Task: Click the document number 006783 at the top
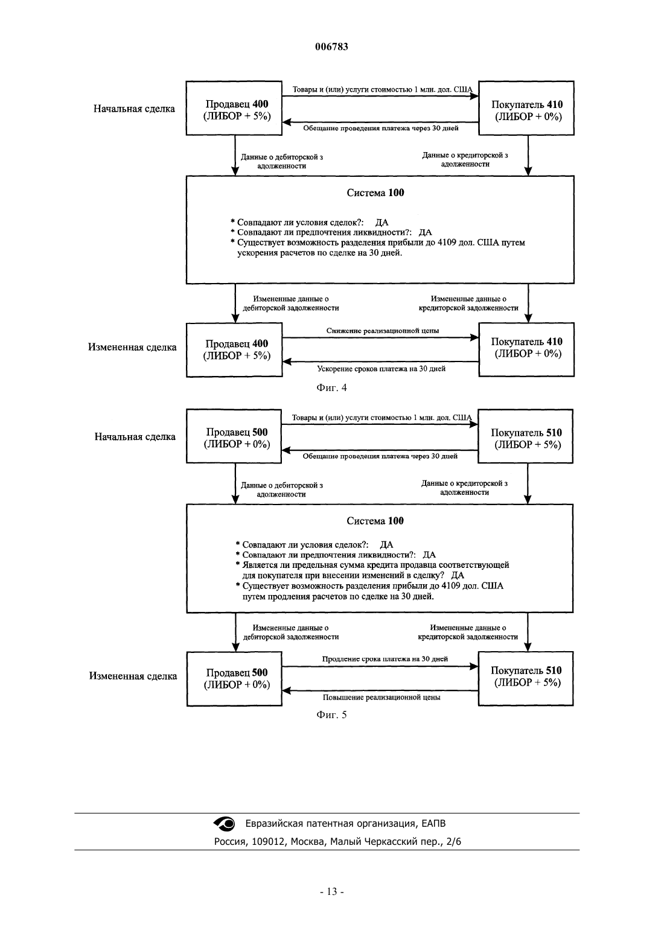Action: [x=331, y=46]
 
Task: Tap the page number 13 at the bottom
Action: [x=332, y=891]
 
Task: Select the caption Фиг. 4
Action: [x=331, y=387]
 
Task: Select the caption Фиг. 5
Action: [x=331, y=715]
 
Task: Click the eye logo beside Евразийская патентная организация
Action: [x=225, y=823]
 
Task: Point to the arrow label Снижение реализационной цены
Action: [x=383, y=331]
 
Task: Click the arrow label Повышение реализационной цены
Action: [x=381, y=698]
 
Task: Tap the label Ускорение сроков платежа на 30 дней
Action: [x=381, y=369]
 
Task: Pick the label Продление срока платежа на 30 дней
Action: [x=385, y=659]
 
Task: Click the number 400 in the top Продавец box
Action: [x=260, y=104]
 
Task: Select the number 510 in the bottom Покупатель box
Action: [x=554, y=670]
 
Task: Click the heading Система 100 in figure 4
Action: [x=375, y=193]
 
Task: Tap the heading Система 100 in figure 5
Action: [x=375, y=521]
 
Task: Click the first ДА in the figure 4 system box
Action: [x=382, y=222]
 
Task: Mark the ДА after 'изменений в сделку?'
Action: [x=458, y=576]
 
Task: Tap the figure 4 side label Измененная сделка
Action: [x=132, y=347]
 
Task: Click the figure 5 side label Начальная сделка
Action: [x=135, y=437]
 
